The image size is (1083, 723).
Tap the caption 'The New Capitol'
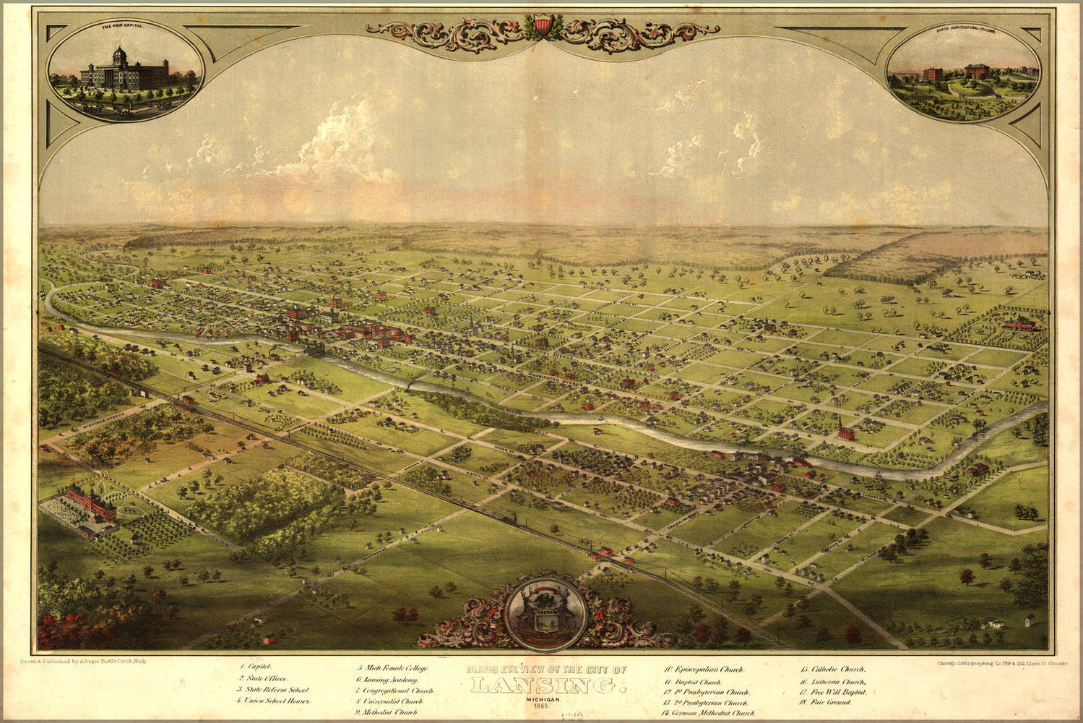(122, 26)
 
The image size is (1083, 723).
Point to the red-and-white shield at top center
(543, 26)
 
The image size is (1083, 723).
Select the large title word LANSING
(546, 684)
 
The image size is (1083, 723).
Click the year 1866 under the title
(546, 705)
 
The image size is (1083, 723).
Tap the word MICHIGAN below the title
(546, 697)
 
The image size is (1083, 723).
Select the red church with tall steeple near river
(845, 432)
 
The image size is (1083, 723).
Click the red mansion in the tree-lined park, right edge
(1018, 323)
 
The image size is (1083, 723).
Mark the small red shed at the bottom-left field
(269, 639)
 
